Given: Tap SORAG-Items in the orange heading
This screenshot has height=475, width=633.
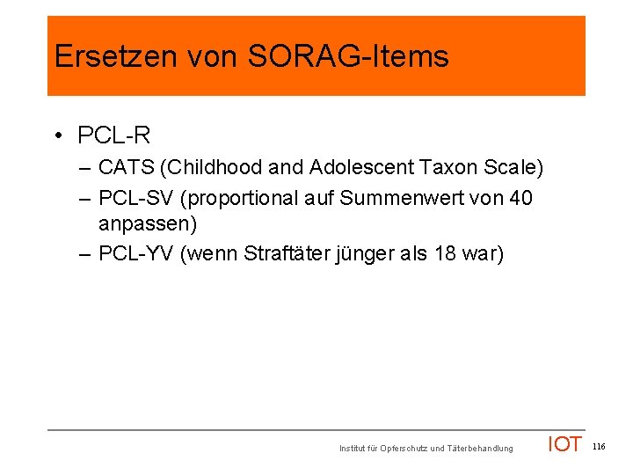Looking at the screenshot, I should click(349, 56).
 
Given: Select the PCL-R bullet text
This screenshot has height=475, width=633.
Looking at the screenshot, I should click(114, 135).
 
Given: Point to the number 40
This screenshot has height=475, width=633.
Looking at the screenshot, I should click(520, 198).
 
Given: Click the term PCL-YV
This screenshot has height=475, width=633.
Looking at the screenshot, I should click(135, 254).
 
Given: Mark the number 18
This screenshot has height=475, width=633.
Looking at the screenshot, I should click(447, 254).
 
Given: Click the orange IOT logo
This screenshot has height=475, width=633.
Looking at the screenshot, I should click(564, 444).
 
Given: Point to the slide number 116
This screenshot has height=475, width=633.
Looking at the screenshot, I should click(599, 447).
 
